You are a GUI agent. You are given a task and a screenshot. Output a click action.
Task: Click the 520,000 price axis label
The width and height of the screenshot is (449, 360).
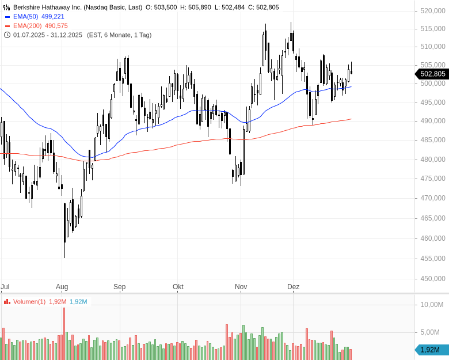click(433, 11)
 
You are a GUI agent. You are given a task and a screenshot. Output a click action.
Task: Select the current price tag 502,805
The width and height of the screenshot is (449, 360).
click(432, 74)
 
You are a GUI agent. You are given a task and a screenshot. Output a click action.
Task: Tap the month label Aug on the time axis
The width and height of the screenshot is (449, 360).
click(62, 287)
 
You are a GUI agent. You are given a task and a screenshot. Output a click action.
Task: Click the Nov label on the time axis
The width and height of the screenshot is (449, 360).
click(241, 287)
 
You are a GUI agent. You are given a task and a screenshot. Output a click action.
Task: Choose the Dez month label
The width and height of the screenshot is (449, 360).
click(294, 287)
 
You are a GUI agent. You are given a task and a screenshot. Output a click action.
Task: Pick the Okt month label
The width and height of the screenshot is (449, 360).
click(178, 287)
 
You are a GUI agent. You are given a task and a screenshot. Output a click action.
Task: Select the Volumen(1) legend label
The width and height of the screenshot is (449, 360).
click(29, 302)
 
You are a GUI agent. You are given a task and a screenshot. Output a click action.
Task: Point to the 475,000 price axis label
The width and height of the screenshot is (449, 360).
click(433, 179)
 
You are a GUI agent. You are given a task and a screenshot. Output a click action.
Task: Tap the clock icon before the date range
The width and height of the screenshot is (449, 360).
click(7, 35)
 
